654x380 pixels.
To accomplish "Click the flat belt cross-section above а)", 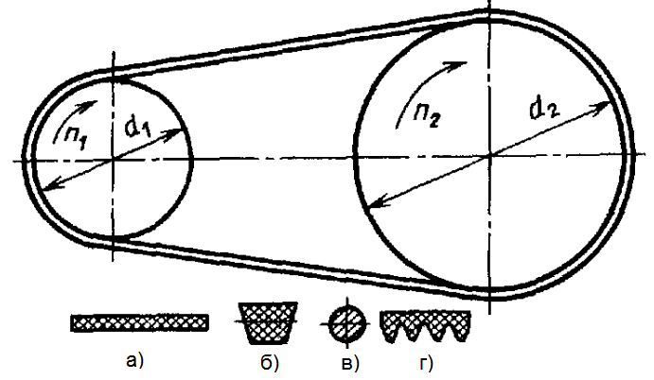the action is coord(139,322).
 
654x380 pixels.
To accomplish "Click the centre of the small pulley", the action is coord(113,158).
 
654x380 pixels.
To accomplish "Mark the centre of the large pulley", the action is coord(489,158).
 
